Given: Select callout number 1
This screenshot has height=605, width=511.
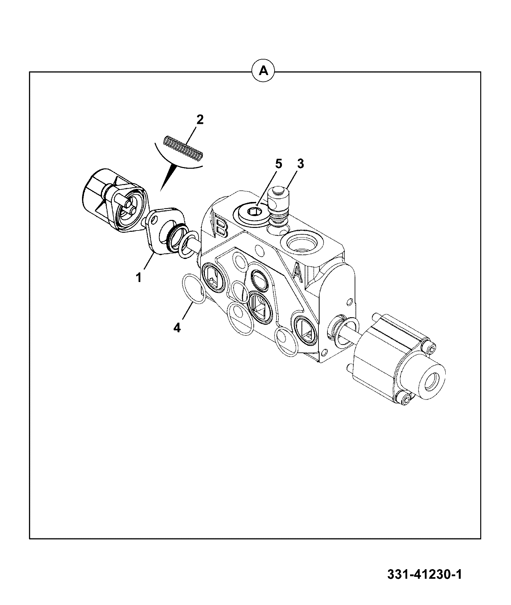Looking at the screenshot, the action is tap(139, 277).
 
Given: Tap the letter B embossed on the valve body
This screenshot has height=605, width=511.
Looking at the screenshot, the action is tap(221, 228).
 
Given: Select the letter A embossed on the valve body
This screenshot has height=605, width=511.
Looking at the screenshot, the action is tap(297, 272).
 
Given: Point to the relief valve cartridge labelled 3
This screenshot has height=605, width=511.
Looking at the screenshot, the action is tap(278, 206).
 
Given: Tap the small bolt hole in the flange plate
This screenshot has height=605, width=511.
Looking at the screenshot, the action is tap(155, 220).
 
